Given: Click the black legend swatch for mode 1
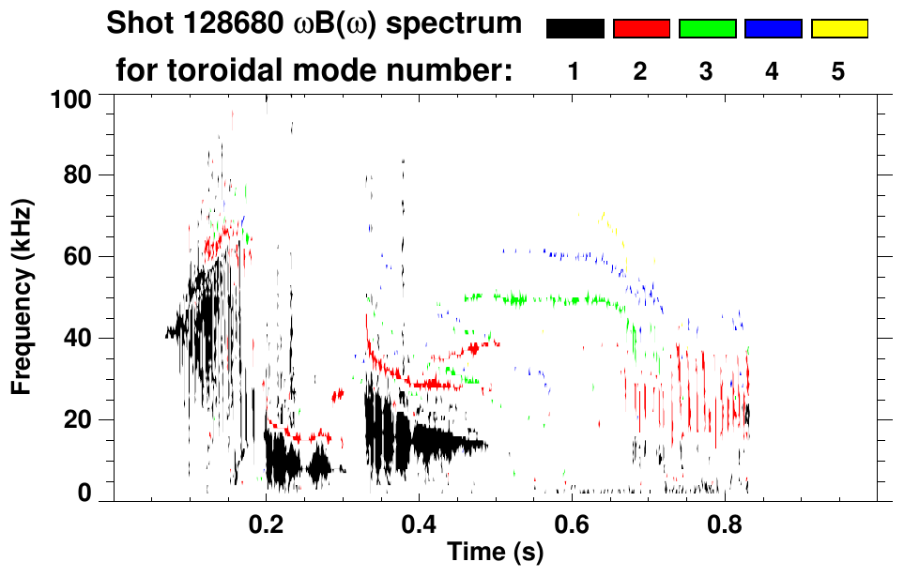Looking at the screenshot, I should pos(575,29).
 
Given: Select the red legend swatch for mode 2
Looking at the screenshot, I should pos(641,29).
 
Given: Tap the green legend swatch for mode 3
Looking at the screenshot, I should pos(707,29).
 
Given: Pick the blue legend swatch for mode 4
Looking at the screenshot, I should pos(773,29).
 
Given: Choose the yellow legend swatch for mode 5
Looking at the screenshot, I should pos(838,29).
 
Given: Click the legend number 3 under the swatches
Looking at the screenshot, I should pos(707,72).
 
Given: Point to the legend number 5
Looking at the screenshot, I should pos(838,72).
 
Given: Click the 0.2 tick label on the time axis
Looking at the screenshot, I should pos(267,521).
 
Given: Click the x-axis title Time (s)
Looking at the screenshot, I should pos(494,553).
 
